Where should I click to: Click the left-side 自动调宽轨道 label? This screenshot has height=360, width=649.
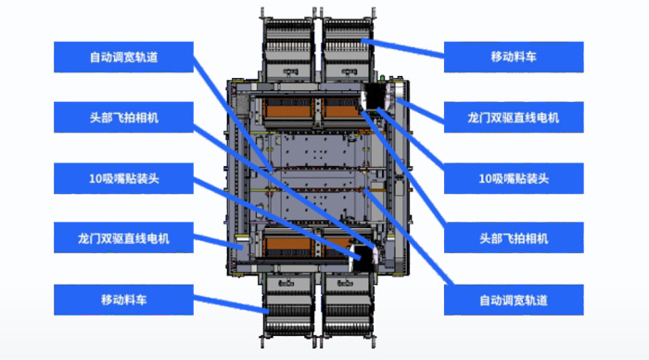(123, 58)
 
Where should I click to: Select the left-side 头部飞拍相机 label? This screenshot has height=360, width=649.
(123, 118)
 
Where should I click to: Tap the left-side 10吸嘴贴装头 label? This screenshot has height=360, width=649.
(123, 178)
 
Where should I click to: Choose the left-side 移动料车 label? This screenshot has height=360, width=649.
(123, 299)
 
